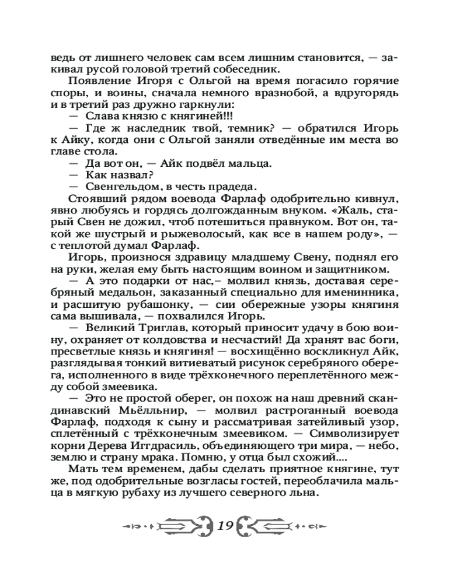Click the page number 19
pos(226,525)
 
